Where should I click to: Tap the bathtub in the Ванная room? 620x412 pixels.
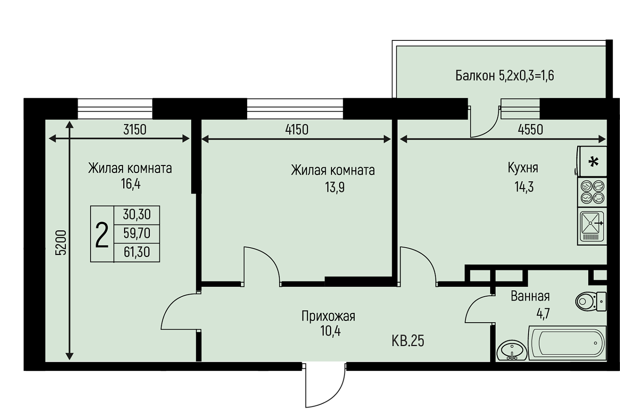(567, 343)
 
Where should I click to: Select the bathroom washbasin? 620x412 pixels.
(512, 351)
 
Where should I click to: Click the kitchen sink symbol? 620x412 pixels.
(592, 226)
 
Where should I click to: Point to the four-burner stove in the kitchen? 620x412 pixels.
(592, 192)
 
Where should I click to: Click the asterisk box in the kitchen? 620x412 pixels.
(593, 162)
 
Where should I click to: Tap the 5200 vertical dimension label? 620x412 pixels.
(61, 243)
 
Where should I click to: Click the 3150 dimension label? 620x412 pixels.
(135, 130)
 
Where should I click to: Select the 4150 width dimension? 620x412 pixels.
(297, 130)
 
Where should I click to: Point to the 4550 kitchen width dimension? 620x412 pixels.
(530, 130)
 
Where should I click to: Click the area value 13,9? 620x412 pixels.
(335, 187)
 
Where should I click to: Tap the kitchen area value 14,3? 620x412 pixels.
(524, 187)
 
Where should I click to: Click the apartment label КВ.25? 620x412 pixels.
(408, 341)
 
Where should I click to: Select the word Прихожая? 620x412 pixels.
(328, 316)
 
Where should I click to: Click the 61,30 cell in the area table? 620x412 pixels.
(137, 252)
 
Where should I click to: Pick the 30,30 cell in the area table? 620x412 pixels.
(137, 215)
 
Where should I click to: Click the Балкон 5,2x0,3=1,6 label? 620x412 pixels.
(505, 75)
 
